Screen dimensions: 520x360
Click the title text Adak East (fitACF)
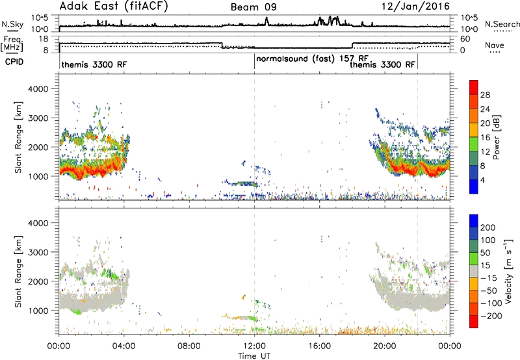point(113,6)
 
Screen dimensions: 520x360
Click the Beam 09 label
point(253,7)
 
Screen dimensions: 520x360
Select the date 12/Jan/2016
point(415,6)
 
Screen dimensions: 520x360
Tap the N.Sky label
point(12,24)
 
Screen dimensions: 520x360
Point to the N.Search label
point(502,24)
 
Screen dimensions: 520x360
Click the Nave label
point(495,45)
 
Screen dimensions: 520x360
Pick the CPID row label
point(14,62)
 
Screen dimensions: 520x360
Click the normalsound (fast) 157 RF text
point(313,58)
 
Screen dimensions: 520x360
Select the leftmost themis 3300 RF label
point(94,64)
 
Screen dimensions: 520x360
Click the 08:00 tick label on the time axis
point(188,346)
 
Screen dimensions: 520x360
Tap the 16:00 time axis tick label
point(319,346)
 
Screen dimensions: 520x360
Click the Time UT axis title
point(254,356)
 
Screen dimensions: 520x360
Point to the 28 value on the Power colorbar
point(485,95)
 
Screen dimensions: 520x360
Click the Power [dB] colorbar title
point(496,137)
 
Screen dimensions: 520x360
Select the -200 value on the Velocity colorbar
point(491,316)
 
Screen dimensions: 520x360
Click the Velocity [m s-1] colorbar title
point(508,271)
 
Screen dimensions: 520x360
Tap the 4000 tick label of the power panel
point(38,89)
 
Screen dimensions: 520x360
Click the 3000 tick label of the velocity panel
point(38,252)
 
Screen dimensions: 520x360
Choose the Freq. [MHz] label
point(12,44)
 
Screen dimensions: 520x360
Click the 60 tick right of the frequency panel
point(465,39)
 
